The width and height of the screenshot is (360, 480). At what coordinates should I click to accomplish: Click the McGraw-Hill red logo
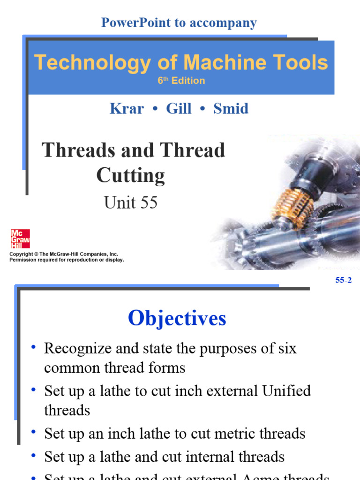(20, 239)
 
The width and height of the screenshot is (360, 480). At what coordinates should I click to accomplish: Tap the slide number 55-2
(343, 281)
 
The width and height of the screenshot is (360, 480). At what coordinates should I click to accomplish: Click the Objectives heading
(177, 319)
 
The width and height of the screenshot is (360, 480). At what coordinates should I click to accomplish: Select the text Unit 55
(130, 202)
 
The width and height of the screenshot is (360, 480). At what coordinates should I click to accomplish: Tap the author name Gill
(179, 109)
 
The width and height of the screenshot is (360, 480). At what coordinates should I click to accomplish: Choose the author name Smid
(231, 109)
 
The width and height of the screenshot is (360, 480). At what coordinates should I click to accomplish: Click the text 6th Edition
(181, 81)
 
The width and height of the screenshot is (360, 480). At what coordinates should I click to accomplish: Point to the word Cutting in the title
(130, 176)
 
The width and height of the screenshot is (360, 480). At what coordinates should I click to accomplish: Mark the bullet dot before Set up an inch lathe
(34, 432)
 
